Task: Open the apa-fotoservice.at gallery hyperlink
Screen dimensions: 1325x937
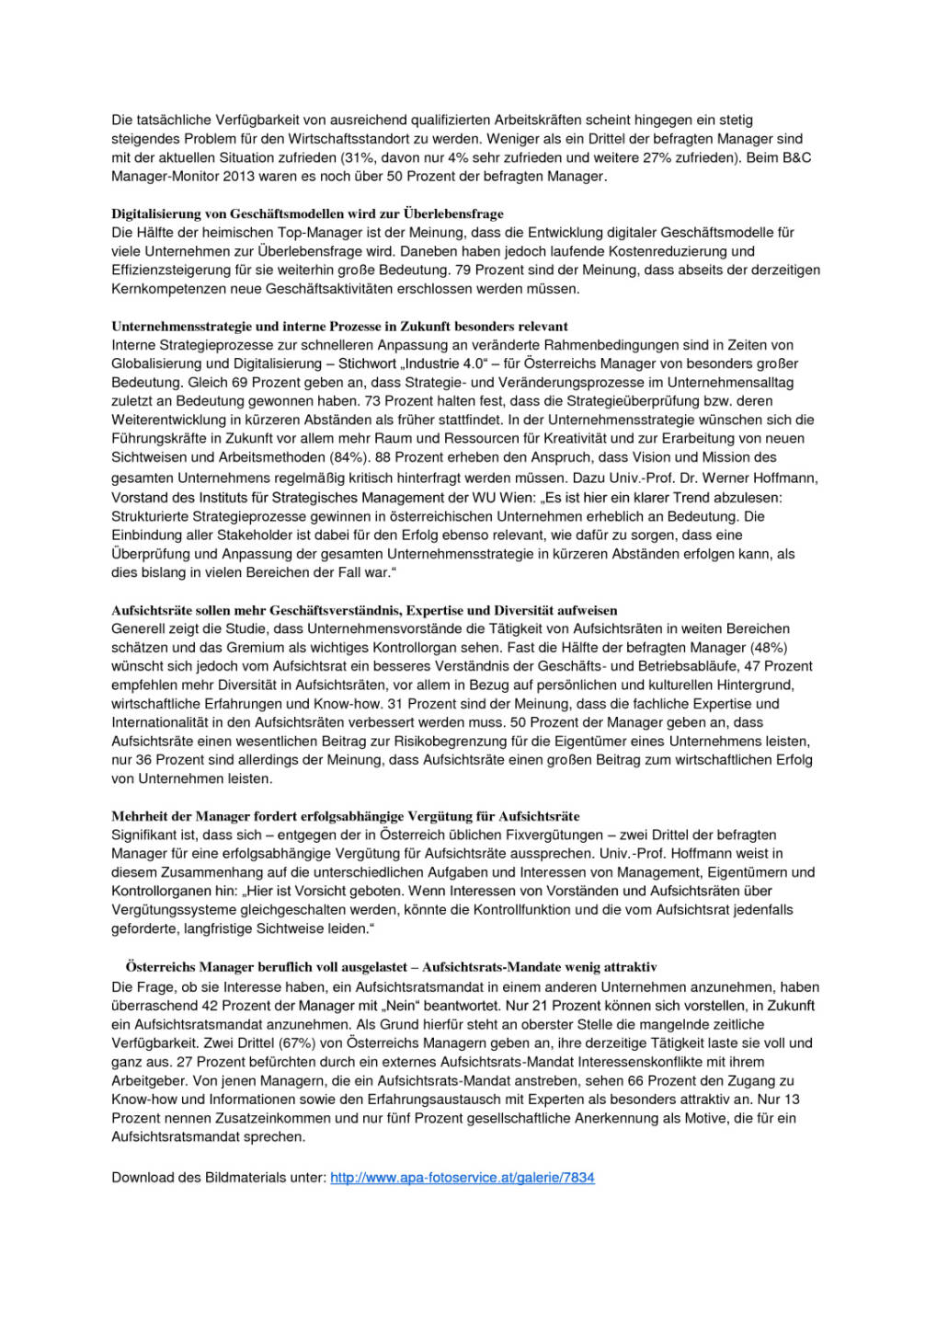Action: [462, 1178]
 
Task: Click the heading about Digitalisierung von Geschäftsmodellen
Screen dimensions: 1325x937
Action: [307, 213]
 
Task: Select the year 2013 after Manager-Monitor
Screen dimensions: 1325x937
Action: [238, 176]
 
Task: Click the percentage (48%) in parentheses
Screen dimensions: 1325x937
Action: [770, 648]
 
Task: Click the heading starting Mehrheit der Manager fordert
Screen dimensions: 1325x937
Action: [345, 816]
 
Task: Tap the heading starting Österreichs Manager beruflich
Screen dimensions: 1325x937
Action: [391, 967]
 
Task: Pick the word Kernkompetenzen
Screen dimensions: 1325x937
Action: [168, 289]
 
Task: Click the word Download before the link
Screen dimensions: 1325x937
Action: [141, 1178]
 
